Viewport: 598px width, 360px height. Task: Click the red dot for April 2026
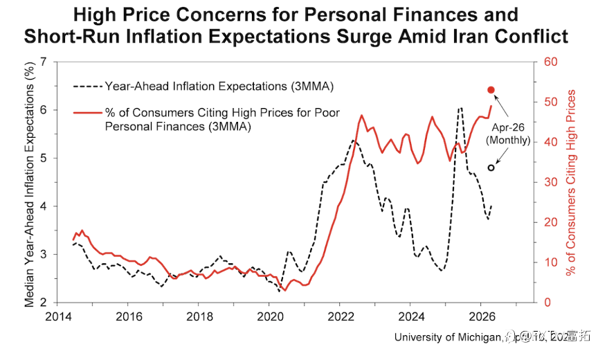(x=491, y=90)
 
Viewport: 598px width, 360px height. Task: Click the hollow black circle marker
(x=491, y=168)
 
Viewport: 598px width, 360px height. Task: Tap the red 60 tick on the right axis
(x=551, y=62)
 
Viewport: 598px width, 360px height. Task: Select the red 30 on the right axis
(x=551, y=182)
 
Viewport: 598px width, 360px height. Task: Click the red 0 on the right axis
(x=547, y=303)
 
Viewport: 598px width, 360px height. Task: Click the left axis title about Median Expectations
(x=30, y=181)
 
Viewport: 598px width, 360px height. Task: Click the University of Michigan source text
(x=447, y=337)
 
